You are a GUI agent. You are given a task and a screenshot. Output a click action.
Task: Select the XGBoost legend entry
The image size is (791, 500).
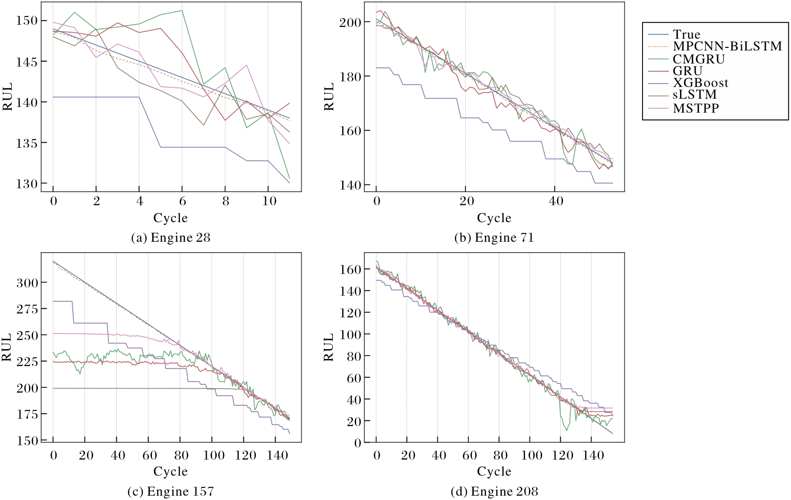700,83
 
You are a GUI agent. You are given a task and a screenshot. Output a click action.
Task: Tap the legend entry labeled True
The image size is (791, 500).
686,34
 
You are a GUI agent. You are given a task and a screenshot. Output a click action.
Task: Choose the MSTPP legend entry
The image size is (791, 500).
695,108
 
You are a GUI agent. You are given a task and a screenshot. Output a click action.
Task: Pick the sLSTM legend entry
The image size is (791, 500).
694,95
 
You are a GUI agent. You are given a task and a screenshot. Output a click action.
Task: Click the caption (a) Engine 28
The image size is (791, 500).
171,238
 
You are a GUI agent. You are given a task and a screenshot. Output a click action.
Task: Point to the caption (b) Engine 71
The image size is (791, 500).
494,238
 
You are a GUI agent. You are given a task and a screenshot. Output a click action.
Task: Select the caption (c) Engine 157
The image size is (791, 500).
171,491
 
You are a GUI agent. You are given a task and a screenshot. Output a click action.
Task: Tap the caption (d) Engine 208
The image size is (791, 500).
494,491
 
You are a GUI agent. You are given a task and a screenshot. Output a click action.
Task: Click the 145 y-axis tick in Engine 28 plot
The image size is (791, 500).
27,62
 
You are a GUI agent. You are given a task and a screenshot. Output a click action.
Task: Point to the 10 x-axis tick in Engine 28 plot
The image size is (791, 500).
269,201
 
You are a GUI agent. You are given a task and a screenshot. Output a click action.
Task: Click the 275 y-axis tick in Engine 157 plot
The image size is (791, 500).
27,309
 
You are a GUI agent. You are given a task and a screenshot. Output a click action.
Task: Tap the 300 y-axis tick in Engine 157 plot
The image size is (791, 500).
27,283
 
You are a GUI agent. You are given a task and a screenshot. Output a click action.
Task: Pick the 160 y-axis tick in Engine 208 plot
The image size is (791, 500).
350,270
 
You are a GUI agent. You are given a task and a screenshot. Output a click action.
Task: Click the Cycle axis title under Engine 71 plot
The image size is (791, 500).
494,218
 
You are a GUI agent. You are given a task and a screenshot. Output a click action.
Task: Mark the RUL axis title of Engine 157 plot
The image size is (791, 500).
7,347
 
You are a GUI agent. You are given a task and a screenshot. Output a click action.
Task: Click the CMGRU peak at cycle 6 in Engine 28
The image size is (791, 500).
182,10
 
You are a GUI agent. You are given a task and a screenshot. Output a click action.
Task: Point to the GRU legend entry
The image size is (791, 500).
687,70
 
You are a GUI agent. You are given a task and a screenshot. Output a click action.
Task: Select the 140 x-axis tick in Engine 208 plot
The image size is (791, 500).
593,455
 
